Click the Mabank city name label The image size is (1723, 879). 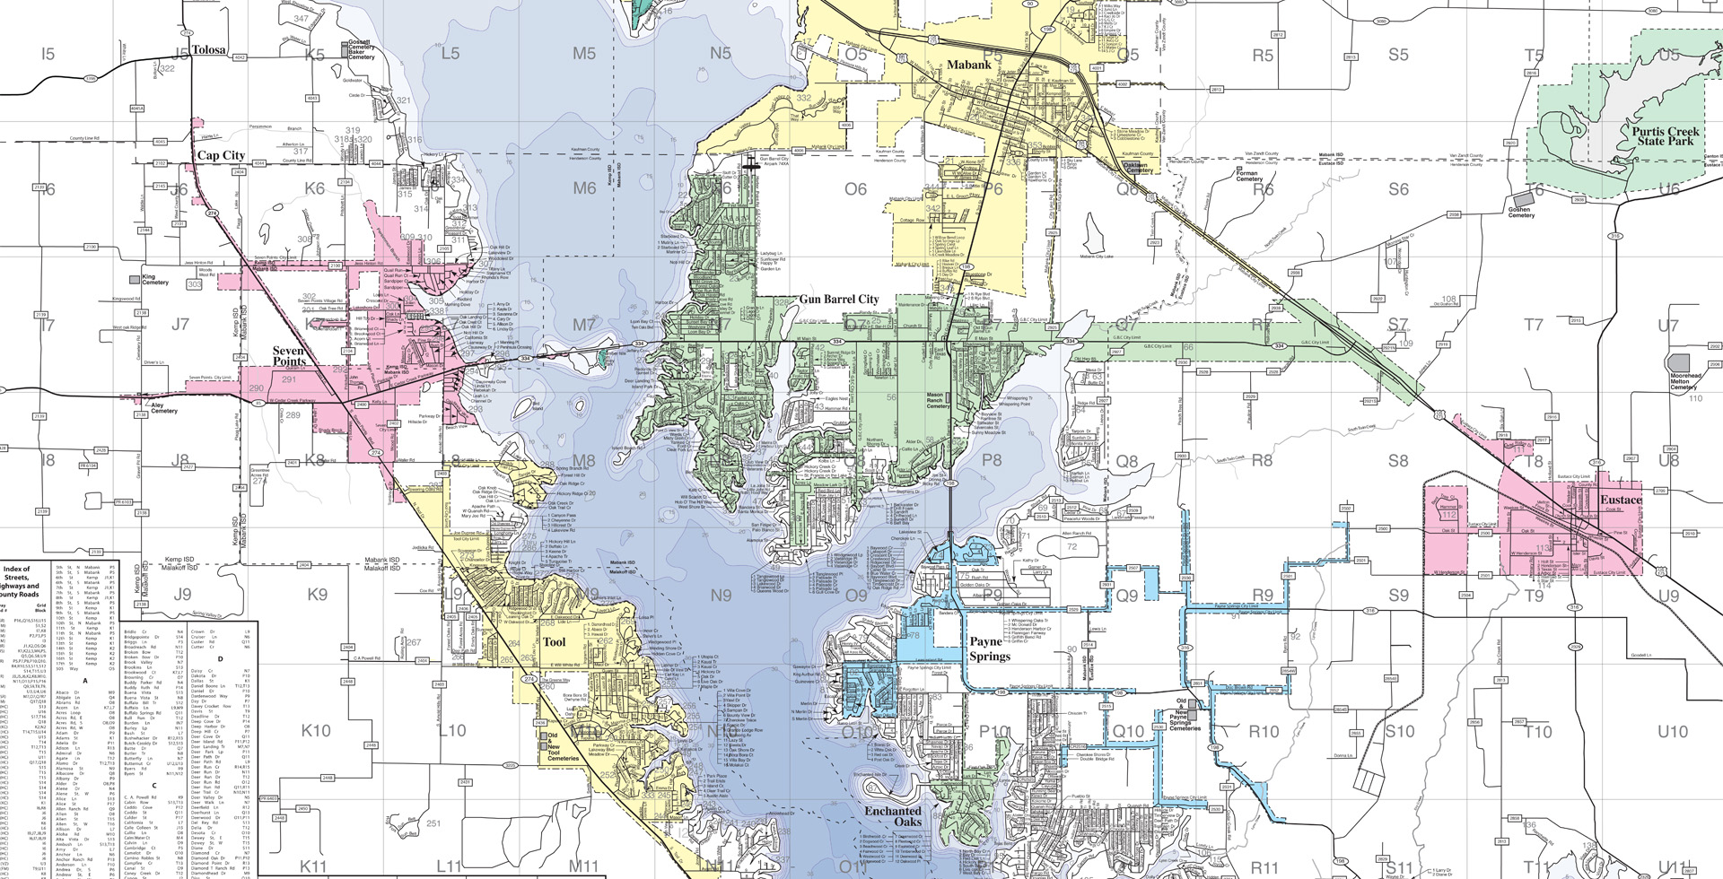click(969, 65)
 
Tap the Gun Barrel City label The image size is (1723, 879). click(839, 299)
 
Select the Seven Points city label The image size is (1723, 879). click(289, 355)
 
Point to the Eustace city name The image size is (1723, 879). click(1621, 500)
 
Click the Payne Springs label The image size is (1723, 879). click(989, 648)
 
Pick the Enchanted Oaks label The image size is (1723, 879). click(893, 816)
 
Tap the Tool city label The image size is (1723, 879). click(555, 642)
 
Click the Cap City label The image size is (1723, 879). click(221, 155)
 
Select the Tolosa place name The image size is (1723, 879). click(208, 50)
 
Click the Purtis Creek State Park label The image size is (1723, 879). click(1664, 135)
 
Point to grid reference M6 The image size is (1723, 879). click(584, 188)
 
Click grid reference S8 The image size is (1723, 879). click(1398, 461)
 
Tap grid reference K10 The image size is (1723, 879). click(316, 730)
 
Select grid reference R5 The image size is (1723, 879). click(1263, 56)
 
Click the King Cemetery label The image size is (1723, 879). click(154, 281)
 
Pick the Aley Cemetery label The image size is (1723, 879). click(163, 408)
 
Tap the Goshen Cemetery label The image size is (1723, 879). click(1521, 213)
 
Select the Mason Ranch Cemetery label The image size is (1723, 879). click(938, 400)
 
